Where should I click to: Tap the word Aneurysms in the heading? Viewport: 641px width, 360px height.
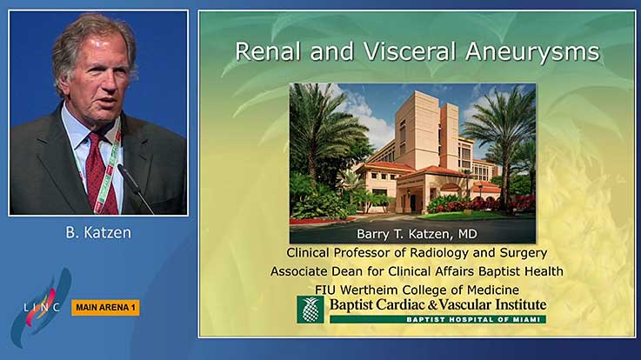(x=532, y=53)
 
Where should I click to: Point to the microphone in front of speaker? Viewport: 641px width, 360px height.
(x=134, y=187)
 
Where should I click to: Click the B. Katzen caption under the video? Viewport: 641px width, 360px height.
(x=98, y=232)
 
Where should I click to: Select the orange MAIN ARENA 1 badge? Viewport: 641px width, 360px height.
(x=105, y=308)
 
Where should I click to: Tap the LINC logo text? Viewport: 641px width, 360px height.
(x=41, y=307)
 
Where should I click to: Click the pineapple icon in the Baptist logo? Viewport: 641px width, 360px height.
(x=310, y=310)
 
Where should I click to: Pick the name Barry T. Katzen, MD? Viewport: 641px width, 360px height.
(x=417, y=234)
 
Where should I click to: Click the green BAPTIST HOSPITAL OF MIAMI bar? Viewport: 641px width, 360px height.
(x=437, y=319)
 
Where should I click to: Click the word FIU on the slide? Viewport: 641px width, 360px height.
(x=325, y=290)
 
